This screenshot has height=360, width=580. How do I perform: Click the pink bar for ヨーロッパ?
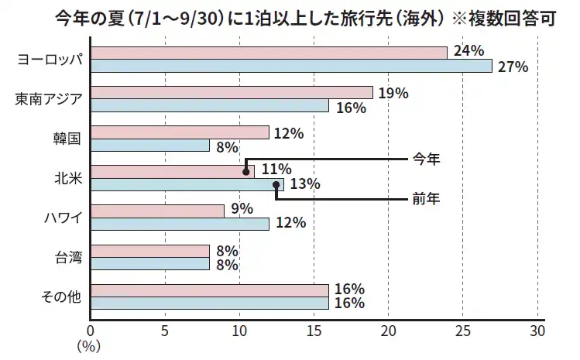click(269, 53)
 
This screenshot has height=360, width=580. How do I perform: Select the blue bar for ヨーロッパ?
click(291, 66)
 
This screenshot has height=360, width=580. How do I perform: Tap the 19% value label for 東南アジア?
click(393, 93)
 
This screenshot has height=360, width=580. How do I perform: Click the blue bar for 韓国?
click(150, 146)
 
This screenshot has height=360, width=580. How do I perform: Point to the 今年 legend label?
click(426, 159)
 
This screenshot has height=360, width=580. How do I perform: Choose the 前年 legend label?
click(426, 199)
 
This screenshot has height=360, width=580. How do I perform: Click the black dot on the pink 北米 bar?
click(246, 172)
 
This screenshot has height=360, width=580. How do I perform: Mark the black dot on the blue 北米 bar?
click(276, 184)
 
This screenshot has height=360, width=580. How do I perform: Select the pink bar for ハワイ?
click(158, 211)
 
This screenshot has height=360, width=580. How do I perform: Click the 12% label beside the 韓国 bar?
click(288, 132)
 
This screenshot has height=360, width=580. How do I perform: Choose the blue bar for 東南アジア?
click(210, 105)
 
